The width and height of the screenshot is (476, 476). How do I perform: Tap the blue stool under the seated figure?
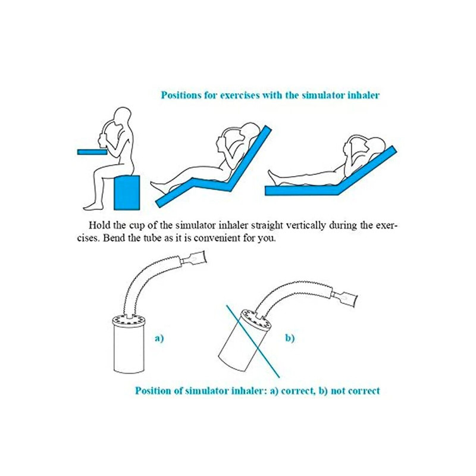127,192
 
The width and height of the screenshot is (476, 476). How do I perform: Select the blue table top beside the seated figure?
92,152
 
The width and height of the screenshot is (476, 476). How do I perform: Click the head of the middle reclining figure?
250,131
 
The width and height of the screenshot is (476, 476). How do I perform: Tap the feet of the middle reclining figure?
157,187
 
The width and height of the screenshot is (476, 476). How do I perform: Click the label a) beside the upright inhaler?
159,338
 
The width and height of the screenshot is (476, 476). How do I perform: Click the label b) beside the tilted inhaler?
290,338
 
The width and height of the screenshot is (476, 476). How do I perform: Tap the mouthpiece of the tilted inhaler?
346,296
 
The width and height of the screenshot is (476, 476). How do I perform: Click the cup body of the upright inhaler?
129,349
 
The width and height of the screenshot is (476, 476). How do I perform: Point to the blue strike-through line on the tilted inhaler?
252,342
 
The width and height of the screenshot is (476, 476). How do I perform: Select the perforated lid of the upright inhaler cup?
129,320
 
